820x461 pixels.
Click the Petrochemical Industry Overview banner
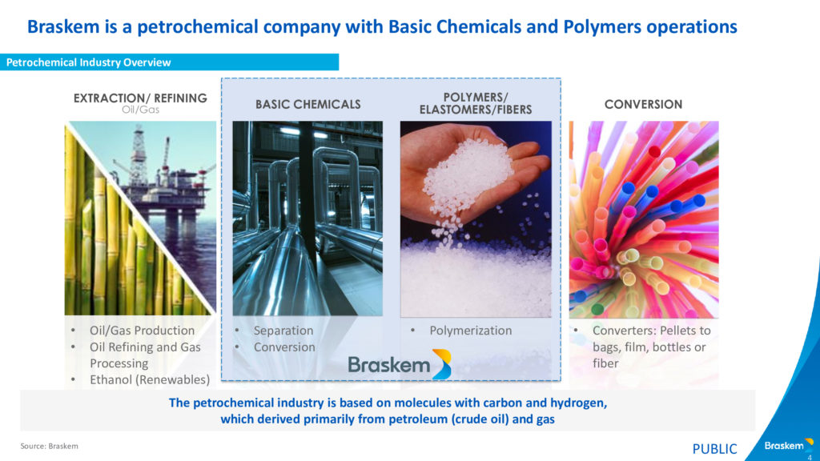coord(169,62)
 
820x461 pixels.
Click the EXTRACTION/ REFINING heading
coord(140,98)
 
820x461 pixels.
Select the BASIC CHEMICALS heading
coord(308,105)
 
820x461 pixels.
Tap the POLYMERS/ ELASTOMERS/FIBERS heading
coord(476,103)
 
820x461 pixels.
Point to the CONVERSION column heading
coord(643,105)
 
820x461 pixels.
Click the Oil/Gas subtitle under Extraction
coord(140,110)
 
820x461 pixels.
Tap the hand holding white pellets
coord(471,167)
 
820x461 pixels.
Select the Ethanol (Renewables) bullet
coord(150,379)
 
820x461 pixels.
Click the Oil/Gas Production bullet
coord(142,331)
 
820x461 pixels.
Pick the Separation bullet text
coord(283,331)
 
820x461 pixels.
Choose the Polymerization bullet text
coord(471,331)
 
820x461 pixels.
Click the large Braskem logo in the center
coord(400,364)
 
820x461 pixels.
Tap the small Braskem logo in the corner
coord(789,445)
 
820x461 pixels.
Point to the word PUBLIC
coord(714,449)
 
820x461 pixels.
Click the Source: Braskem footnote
coord(49,446)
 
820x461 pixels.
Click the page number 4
coord(810,457)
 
